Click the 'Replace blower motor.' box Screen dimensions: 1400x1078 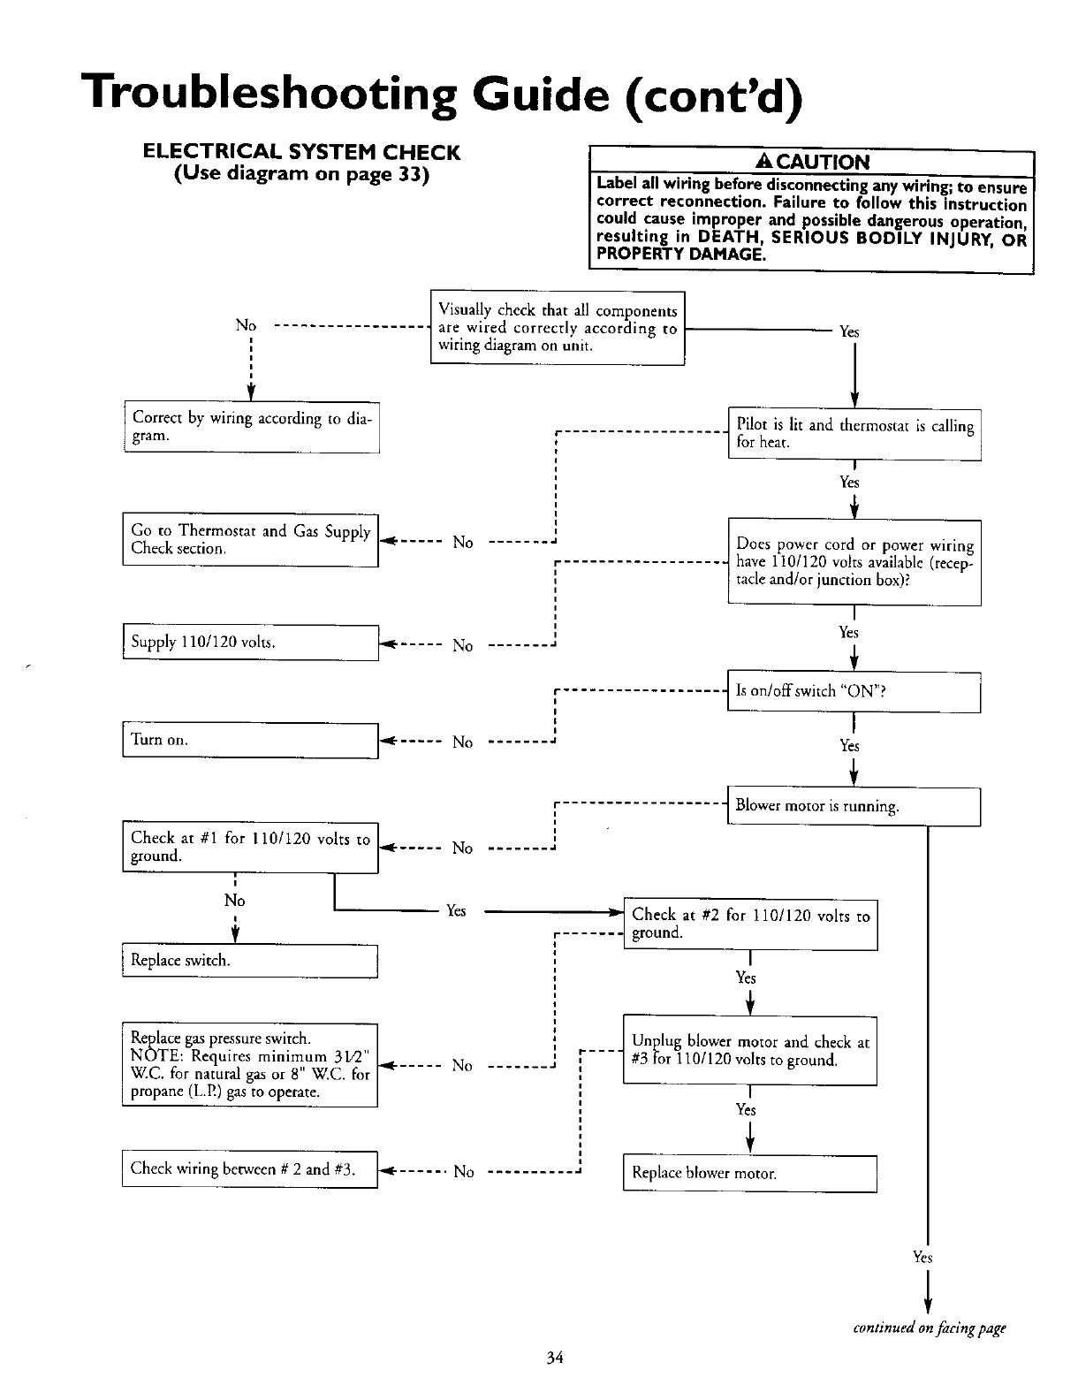pos(749,1174)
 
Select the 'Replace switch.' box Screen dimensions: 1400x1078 pos(250,961)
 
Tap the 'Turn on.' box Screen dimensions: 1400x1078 pos(250,740)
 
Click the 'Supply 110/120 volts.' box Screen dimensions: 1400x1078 pos(250,643)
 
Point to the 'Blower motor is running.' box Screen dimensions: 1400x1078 pos(854,806)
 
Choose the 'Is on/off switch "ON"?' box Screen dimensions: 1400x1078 pos(854,692)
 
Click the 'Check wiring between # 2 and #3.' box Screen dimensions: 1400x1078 pos(250,1169)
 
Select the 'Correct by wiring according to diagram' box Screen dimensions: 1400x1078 pos(251,427)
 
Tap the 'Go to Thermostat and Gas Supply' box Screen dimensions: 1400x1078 pos(250,540)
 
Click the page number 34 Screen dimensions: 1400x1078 pos(555,1358)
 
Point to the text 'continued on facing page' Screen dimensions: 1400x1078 pos(929,1328)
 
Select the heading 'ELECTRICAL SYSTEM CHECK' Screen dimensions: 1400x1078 pos(301,152)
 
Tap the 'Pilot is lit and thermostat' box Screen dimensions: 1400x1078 pos(854,434)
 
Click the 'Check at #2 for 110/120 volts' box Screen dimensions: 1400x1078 pos(750,924)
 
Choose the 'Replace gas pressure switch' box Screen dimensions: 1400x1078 pos(250,1065)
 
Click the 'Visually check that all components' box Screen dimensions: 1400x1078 pos(558,328)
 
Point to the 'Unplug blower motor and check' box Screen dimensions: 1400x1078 pos(750,1051)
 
